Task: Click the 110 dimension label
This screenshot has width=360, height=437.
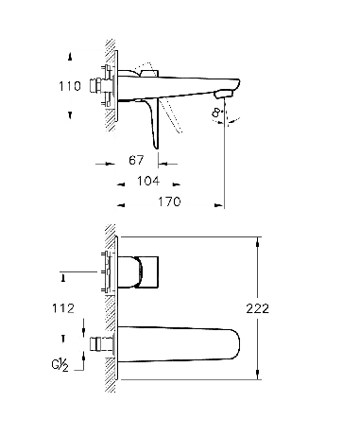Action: (70, 86)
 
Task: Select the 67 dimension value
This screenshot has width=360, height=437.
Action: (136, 160)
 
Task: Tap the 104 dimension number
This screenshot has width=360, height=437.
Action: (148, 181)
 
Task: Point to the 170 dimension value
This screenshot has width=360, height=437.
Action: (169, 201)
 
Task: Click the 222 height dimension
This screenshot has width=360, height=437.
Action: (258, 308)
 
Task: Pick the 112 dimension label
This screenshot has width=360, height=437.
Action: (63, 308)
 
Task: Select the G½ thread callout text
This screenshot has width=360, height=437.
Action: (60, 365)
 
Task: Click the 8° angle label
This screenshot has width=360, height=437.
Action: (216, 113)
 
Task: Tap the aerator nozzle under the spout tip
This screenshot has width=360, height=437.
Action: (223, 94)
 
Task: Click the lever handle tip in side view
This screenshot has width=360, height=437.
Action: (156, 146)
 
